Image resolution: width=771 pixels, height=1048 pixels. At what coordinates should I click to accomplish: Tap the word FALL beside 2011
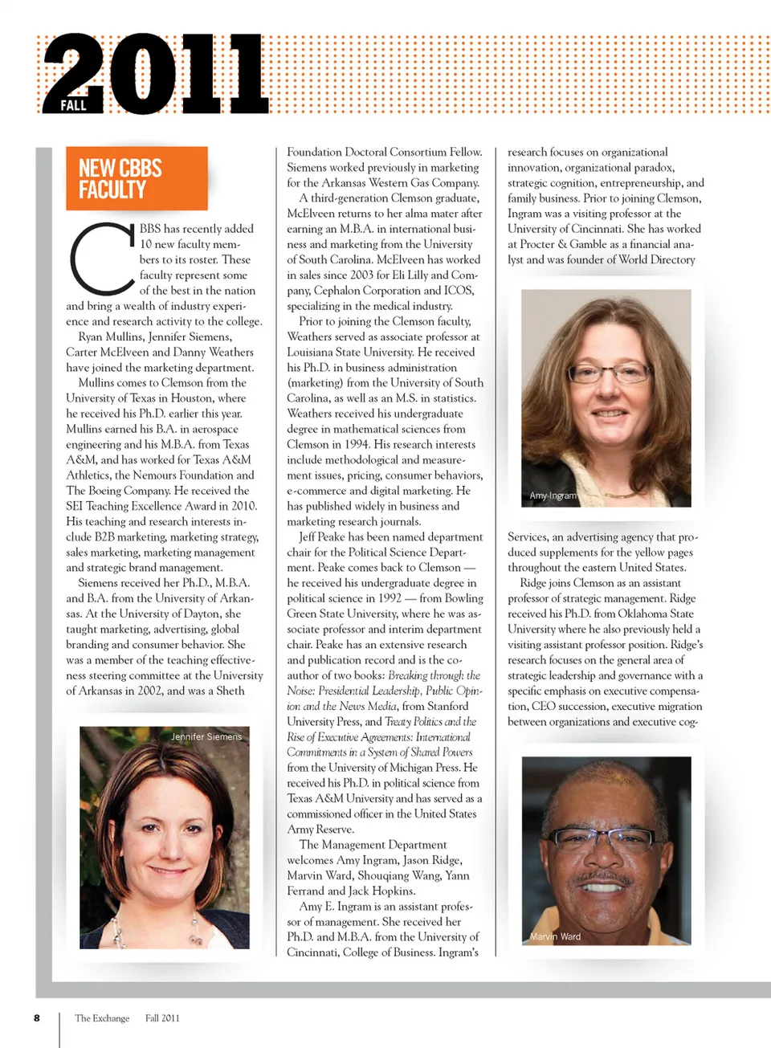coord(74,105)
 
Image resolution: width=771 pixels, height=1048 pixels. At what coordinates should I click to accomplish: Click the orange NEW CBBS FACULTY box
coord(137,178)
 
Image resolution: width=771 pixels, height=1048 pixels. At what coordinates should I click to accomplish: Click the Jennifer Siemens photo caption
coord(206,736)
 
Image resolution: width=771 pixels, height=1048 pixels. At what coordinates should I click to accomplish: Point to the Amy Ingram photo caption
coord(553,495)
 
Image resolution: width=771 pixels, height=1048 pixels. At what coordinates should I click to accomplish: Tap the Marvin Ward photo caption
coord(555,936)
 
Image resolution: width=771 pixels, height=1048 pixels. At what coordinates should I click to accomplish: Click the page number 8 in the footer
coord(37,1017)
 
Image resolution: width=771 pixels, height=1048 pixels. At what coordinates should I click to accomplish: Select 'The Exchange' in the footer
coord(102,1018)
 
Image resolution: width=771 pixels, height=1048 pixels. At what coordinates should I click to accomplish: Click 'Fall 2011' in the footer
coord(162,1018)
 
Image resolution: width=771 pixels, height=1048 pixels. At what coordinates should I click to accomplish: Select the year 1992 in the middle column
coord(390,598)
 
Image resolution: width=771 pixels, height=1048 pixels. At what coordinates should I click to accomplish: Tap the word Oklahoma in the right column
coord(645,614)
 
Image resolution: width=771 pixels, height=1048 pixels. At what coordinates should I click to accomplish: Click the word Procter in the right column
coord(537,244)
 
